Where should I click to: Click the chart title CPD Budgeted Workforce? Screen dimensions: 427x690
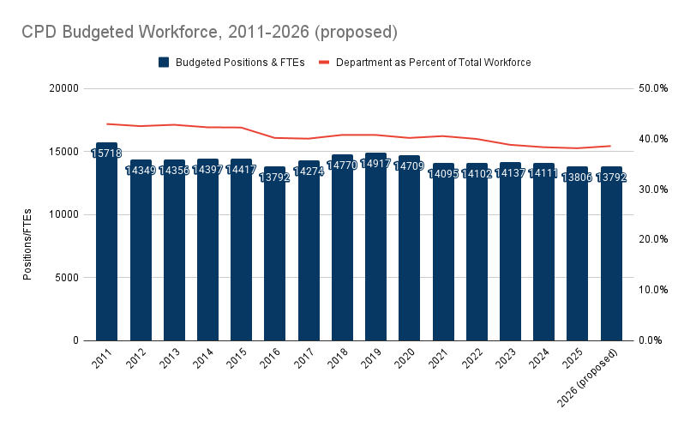(209, 32)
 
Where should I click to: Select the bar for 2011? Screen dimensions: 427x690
(106, 249)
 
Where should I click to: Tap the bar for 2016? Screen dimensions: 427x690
(274, 257)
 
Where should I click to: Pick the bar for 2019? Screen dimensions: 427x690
(375, 249)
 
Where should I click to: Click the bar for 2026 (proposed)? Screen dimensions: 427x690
(611, 257)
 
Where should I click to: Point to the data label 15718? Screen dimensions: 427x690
(106, 153)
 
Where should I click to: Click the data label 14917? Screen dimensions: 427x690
(375, 163)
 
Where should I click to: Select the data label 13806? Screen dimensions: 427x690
(578, 177)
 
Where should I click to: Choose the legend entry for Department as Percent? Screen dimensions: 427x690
(434, 63)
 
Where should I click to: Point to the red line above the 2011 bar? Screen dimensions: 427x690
(106, 123)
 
